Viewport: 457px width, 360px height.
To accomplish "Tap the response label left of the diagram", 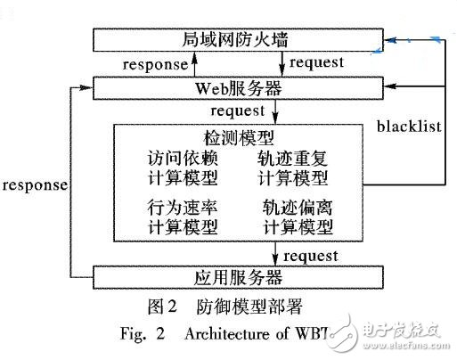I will (x=35, y=186).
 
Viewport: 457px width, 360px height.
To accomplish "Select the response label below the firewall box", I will (x=153, y=65).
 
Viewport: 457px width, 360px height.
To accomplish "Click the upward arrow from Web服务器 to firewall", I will (x=199, y=64).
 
